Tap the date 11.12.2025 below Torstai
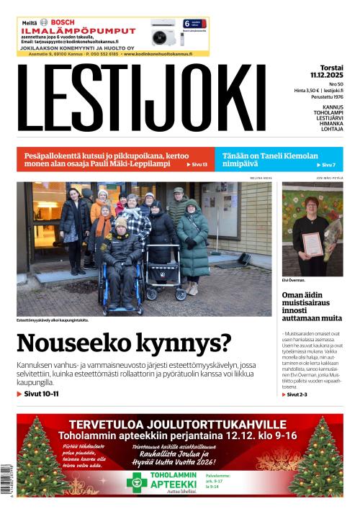327,74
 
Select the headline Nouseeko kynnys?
124,343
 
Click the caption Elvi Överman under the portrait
293,279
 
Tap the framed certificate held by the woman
312,244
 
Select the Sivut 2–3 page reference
297,394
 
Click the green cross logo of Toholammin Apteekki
137,482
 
